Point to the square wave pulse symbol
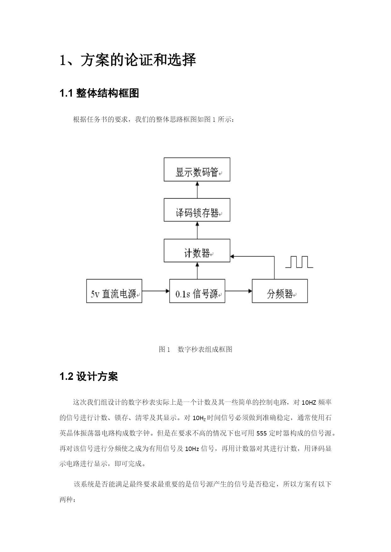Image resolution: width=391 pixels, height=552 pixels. pos(299,262)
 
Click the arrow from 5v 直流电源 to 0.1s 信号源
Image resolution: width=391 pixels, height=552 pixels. pos(156,291)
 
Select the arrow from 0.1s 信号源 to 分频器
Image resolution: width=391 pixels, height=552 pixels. pos(239,291)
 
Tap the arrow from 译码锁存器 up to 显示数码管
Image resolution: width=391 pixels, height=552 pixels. pos(197,190)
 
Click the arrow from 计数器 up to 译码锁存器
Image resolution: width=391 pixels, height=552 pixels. pos(197,230)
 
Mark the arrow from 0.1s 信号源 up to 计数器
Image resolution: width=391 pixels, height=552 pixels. pos(197,271)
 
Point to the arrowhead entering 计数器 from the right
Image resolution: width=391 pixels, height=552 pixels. pos(232,256)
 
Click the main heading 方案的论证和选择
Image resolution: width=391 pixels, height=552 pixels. pos(138,60)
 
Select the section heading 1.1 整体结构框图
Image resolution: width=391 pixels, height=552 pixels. pos(99,93)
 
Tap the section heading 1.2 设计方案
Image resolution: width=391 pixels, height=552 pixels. pos(89,376)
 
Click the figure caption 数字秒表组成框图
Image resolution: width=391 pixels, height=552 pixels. pos(205,349)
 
